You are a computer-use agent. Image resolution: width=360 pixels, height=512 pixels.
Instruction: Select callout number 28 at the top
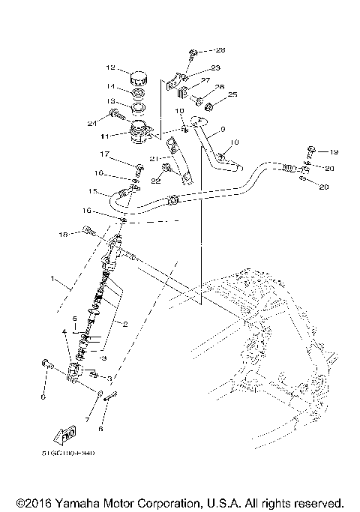coord(220,50)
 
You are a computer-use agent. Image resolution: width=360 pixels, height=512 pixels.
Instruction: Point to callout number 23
coord(215,67)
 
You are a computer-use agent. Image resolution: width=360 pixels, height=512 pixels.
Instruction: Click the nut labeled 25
coord(211,96)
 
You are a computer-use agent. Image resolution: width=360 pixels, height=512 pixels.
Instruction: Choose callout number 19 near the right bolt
coord(334,151)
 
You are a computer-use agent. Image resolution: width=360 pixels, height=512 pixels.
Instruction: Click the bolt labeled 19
coord(310,150)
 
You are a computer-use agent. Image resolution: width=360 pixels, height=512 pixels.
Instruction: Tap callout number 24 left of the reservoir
coord(93,123)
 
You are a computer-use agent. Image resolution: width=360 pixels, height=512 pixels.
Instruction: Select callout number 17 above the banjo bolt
coord(106,154)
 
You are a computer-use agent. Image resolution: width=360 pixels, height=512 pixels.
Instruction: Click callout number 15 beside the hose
coord(92,192)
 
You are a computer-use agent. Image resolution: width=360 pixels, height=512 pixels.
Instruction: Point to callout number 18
coord(64,235)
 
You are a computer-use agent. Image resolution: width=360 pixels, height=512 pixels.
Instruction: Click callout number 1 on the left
coord(52,278)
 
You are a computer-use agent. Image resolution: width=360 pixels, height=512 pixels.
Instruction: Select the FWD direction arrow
coord(67,434)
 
